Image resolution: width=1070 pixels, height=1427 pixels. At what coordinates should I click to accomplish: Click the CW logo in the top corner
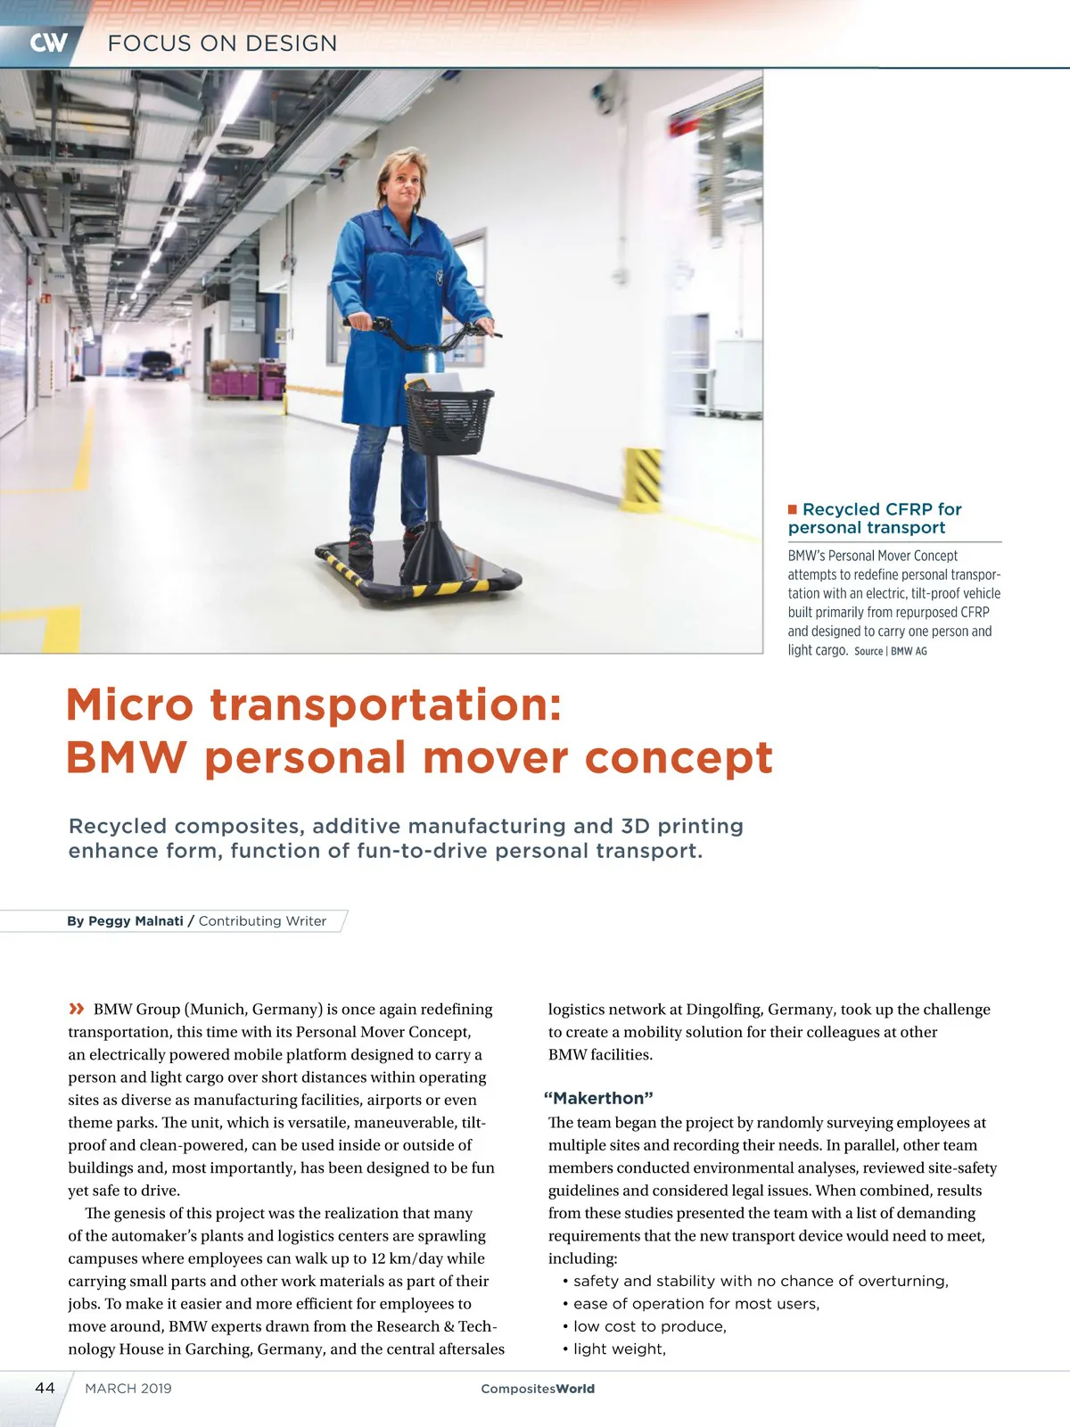48,43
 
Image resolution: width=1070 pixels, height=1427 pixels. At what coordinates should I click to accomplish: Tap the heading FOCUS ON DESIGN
222,43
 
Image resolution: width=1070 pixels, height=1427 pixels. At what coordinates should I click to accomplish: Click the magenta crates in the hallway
234,384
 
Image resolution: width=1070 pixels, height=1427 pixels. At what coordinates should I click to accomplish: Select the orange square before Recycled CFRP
792,509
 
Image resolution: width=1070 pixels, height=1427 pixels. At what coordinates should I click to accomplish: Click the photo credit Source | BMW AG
890,651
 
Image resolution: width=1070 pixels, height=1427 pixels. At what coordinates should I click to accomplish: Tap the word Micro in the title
128,705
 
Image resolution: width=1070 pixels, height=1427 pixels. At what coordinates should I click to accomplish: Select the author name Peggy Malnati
136,920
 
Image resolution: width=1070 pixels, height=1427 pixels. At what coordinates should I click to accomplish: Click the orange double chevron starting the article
77,1009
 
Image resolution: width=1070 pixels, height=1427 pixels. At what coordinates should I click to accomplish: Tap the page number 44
45,1388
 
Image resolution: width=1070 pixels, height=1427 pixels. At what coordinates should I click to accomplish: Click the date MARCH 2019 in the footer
128,1388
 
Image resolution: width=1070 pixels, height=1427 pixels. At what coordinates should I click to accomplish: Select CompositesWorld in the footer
538,1389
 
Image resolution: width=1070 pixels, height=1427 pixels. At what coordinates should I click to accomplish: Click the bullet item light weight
620,1349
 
